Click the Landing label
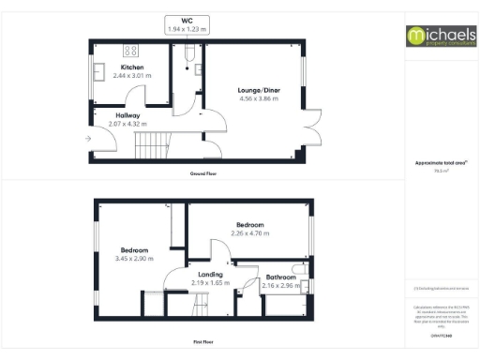pos(210,274)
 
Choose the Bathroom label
pos(281,277)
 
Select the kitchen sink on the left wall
pos(98,72)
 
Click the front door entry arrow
pos(87,139)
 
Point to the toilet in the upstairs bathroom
pos(299,269)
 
